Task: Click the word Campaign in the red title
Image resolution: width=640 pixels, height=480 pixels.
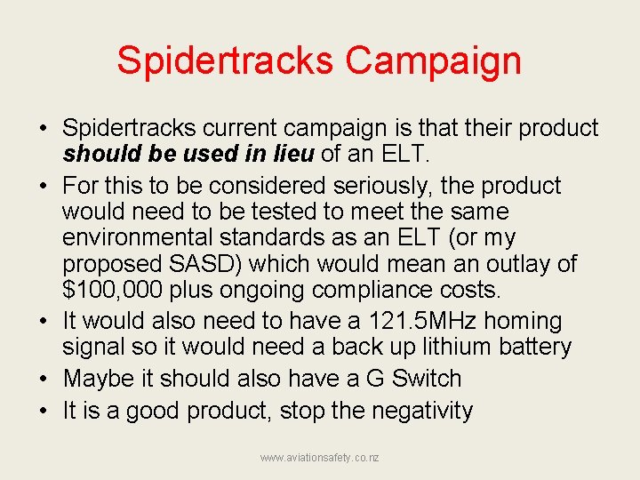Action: click(x=433, y=60)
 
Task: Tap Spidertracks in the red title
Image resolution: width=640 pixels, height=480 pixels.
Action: click(x=225, y=60)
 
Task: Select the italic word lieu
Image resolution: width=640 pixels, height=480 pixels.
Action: click(x=286, y=155)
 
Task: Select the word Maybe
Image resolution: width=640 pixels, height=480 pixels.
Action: click(x=97, y=379)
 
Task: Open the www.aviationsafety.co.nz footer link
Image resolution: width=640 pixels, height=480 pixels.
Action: click(x=319, y=458)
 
